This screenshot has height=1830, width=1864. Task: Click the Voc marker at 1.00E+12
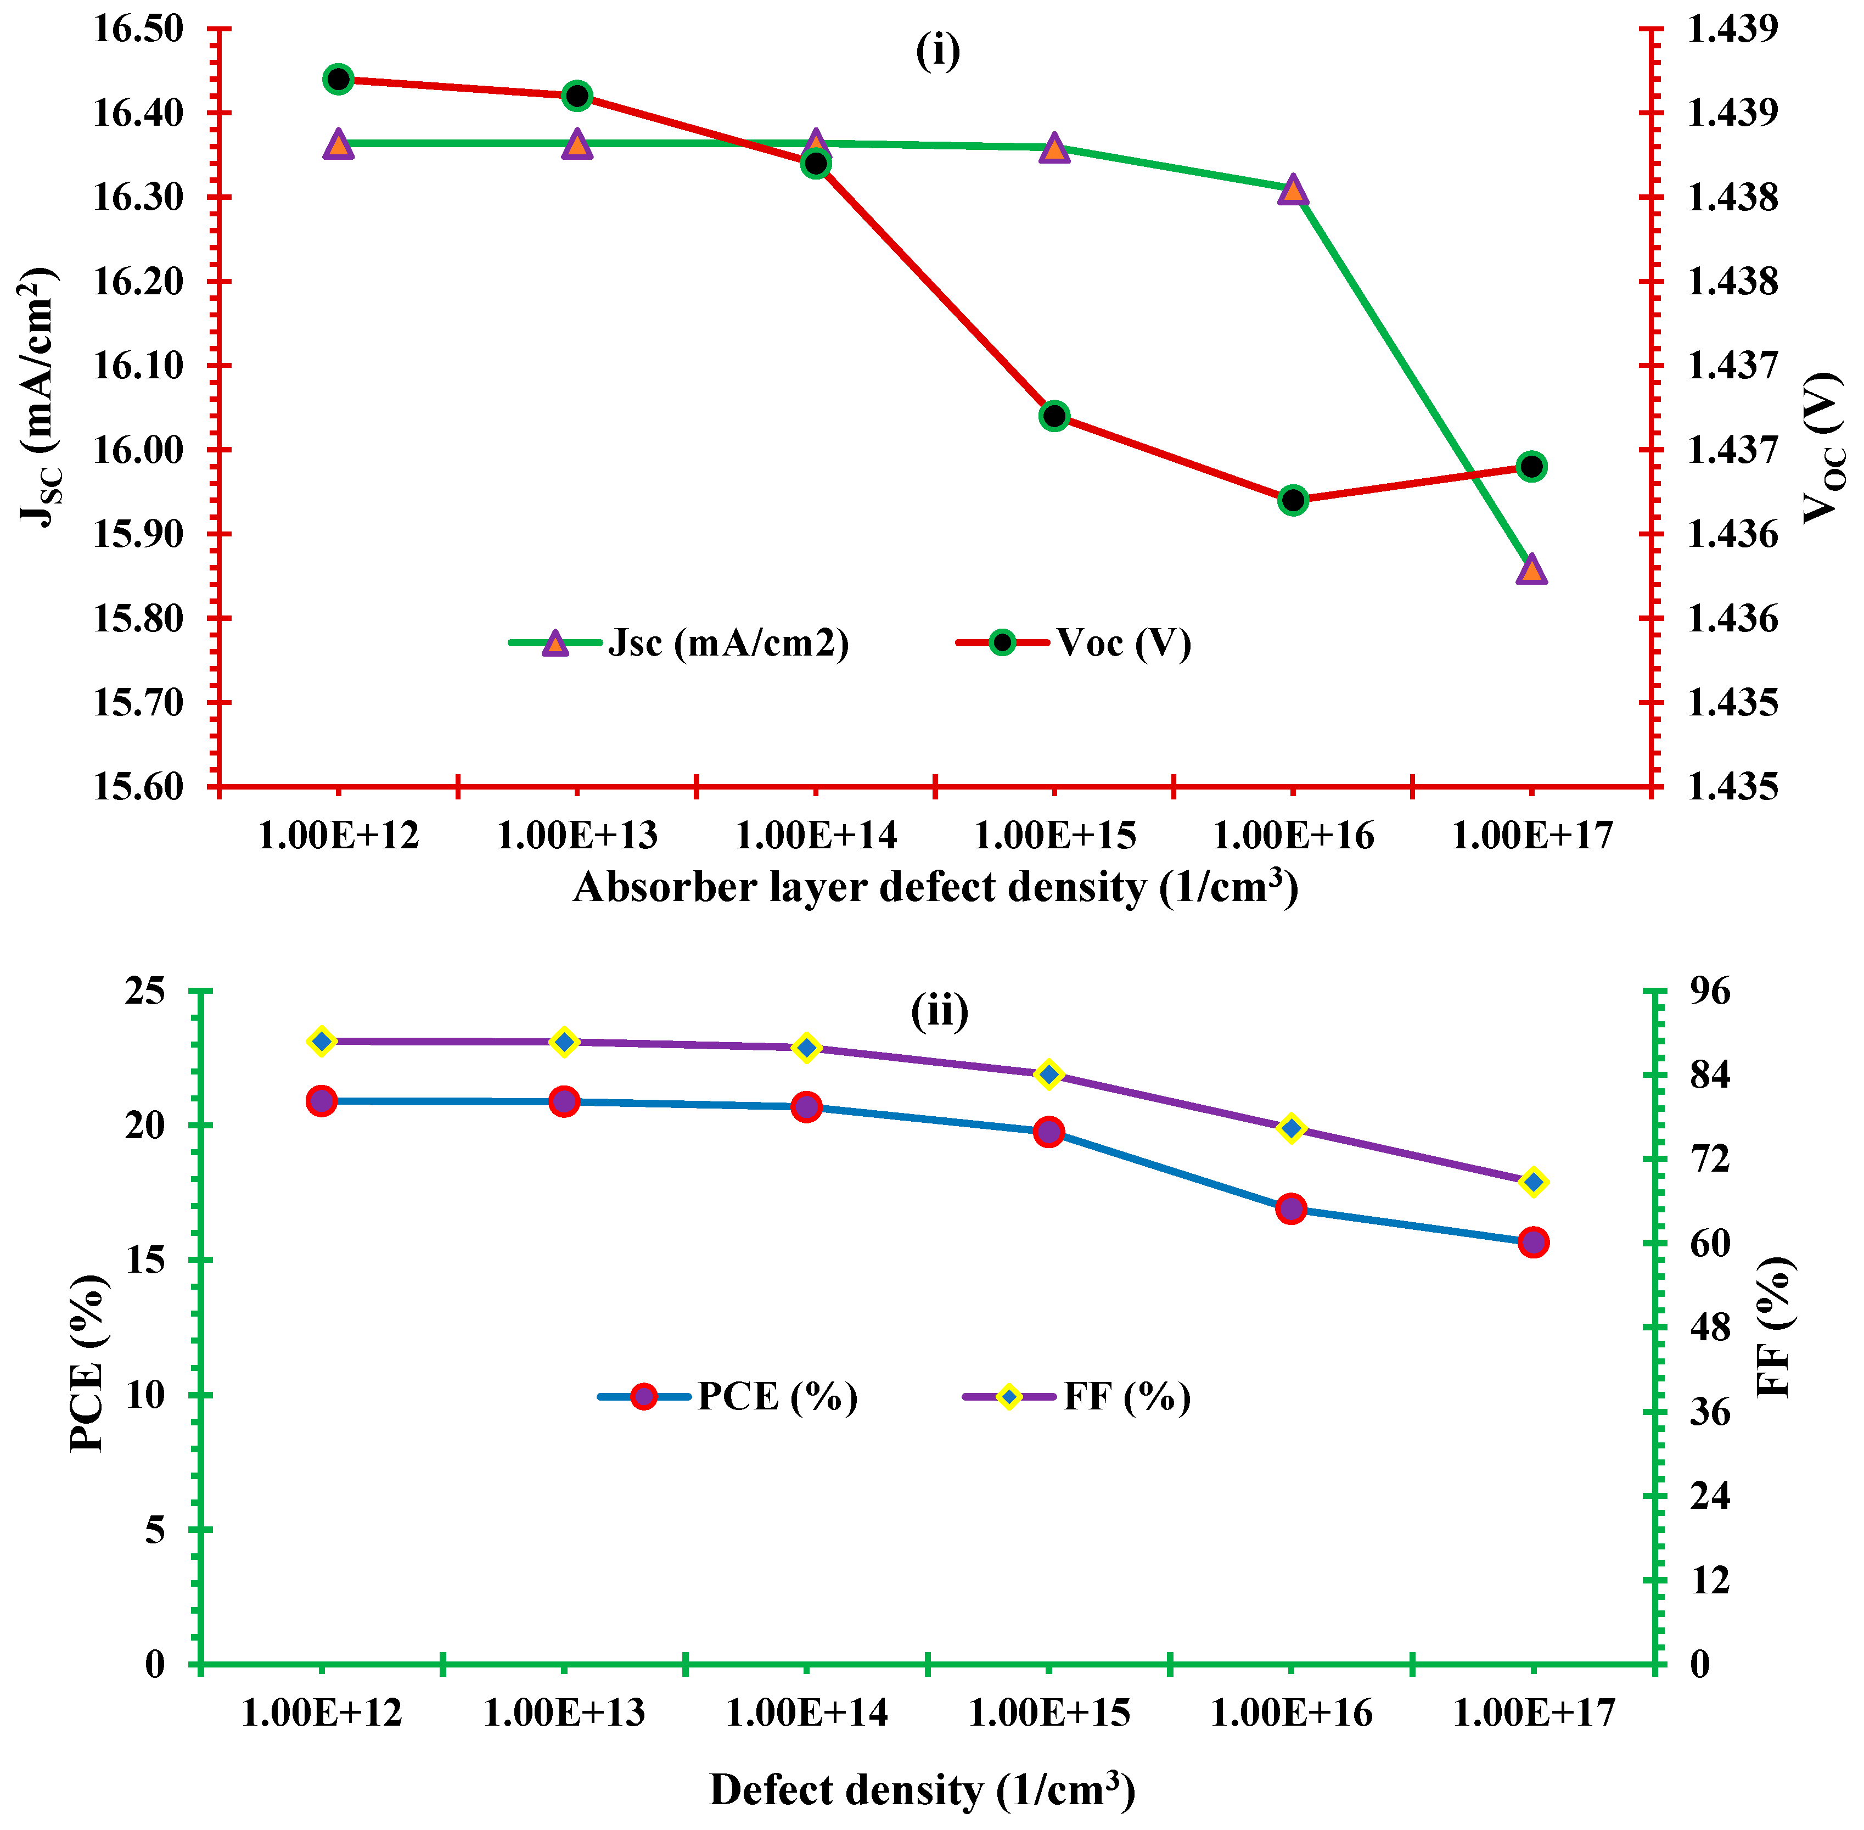[x=337, y=79]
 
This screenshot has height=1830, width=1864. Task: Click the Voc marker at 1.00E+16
[x=1293, y=500]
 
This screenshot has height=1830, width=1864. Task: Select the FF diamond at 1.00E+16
[x=1292, y=1128]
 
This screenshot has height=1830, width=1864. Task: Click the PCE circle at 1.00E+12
[x=321, y=1101]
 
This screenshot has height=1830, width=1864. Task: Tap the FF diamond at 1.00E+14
[x=807, y=1048]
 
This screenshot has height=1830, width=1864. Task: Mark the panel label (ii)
[x=939, y=1011]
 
